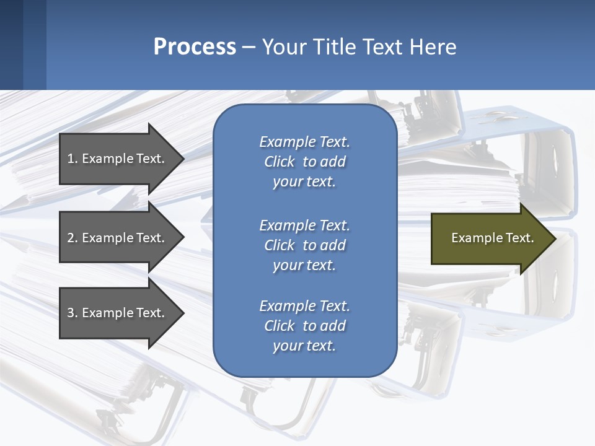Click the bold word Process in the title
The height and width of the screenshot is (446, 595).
195,47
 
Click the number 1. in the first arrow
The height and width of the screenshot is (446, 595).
73,159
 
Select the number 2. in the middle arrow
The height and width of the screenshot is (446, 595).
73,238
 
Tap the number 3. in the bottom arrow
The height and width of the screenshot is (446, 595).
73,313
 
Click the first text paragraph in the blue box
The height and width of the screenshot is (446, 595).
304,162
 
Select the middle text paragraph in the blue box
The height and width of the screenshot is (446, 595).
304,245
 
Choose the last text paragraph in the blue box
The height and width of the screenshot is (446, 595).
304,326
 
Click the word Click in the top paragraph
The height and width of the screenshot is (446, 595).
279,162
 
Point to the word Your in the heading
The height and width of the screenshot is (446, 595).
282,47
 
